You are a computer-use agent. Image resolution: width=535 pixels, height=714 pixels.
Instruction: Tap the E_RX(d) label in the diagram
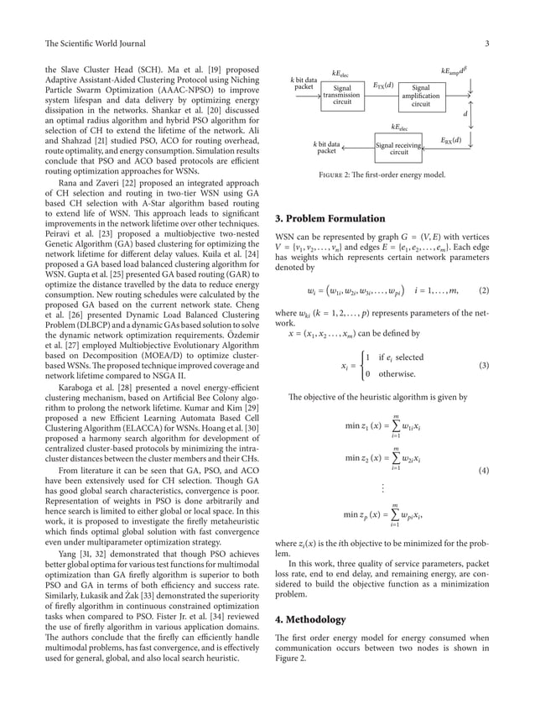point(449,139)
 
